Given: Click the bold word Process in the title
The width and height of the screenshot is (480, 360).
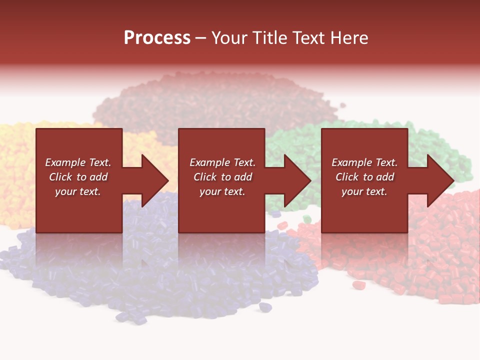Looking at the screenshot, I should (157, 38).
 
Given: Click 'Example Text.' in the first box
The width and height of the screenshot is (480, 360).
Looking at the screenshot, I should (78, 162).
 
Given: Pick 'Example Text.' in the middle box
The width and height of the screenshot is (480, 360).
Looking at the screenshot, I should (222, 162).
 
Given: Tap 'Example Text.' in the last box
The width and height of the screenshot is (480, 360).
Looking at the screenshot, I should (364, 162).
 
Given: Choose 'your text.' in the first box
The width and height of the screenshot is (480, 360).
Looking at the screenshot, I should (78, 191).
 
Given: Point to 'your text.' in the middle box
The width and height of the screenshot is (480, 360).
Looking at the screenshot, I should (222, 191).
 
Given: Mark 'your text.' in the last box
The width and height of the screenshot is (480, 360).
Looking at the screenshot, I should (364, 191).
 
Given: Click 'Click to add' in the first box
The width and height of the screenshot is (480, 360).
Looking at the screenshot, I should (78, 177).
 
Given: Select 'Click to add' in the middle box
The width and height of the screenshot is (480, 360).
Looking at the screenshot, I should (222, 177).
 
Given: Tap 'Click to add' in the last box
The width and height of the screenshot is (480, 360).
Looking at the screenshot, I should (364, 177).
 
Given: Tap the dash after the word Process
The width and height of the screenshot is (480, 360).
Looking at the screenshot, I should (200, 38).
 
